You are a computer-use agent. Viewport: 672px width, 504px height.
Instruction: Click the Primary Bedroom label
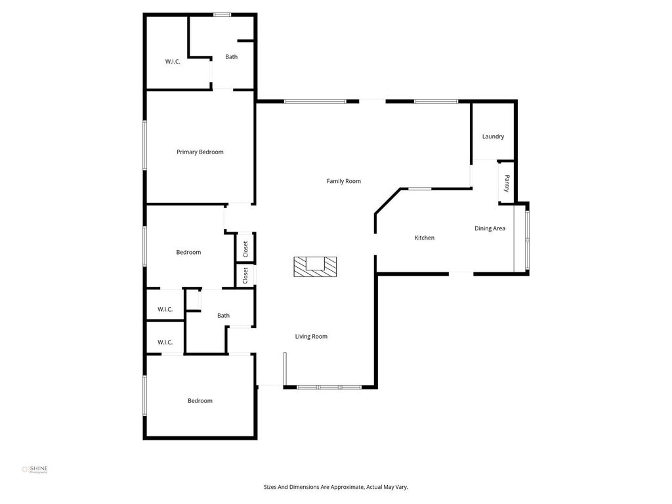[199, 152]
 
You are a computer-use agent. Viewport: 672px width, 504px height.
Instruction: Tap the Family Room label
[344, 181]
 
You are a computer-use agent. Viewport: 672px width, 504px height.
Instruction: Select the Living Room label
[311, 337]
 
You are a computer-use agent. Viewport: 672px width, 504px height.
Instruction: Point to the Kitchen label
[425, 238]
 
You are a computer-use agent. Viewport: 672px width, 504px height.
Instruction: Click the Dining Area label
[490, 228]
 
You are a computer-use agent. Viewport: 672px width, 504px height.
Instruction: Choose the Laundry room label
[493, 136]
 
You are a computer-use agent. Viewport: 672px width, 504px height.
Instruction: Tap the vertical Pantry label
[507, 184]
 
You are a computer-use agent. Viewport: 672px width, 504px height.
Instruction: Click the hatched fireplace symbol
[315, 266]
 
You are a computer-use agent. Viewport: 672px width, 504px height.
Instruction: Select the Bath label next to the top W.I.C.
[232, 56]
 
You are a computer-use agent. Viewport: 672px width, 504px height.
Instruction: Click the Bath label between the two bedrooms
[223, 316]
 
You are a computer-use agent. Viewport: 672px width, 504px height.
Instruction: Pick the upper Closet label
[245, 249]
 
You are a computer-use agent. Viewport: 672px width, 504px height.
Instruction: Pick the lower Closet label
[245, 275]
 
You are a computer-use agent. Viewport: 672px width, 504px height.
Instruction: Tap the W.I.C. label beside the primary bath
[173, 61]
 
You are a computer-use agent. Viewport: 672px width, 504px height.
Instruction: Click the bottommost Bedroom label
[199, 401]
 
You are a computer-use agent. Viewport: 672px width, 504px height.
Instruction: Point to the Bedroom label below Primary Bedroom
[188, 252]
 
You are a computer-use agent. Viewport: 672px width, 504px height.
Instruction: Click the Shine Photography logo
[35, 469]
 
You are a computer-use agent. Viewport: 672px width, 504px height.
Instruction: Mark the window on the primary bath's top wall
[222, 15]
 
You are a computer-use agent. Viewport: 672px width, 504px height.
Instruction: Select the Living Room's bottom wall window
[329, 387]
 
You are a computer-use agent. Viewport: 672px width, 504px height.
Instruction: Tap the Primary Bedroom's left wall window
[145, 145]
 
